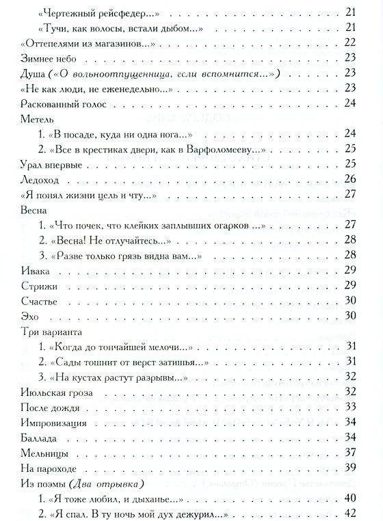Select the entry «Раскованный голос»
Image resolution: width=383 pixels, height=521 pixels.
pyautogui.click(x=53, y=103)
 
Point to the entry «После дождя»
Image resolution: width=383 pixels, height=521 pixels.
pyautogui.click(x=45, y=407)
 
